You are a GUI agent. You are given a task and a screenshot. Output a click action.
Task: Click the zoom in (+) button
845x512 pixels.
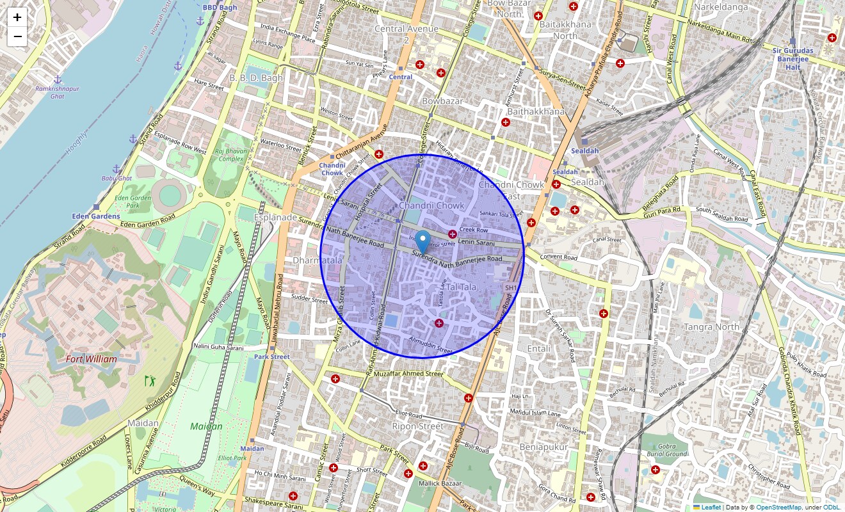click(x=17, y=18)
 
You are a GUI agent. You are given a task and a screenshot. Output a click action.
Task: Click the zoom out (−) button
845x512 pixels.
click(x=17, y=37)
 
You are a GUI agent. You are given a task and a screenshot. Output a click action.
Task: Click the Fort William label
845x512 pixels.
click(x=92, y=359)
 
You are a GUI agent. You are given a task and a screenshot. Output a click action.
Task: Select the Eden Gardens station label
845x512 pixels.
click(x=96, y=216)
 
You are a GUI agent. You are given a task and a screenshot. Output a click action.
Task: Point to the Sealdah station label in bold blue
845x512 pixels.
click(x=584, y=150)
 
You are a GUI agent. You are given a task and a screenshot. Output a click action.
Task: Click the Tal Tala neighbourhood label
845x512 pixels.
click(x=462, y=287)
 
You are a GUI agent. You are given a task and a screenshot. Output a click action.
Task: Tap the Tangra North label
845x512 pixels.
click(x=711, y=327)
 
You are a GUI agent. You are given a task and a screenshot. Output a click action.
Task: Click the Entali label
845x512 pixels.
click(x=538, y=349)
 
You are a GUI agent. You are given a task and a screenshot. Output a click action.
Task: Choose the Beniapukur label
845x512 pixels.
click(x=543, y=447)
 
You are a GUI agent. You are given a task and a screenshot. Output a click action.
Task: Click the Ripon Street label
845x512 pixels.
click(x=417, y=426)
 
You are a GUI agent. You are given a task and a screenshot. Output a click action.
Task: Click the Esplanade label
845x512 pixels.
click(x=276, y=218)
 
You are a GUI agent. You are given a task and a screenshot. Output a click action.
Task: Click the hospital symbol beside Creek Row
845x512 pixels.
click(x=453, y=234)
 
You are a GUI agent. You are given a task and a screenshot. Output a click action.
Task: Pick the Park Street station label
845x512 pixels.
click(x=271, y=356)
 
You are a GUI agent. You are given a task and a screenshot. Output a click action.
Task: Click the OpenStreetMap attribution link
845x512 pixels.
click(x=778, y=507)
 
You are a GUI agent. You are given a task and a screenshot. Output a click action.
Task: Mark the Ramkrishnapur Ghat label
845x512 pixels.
click(x=58, y=92)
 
